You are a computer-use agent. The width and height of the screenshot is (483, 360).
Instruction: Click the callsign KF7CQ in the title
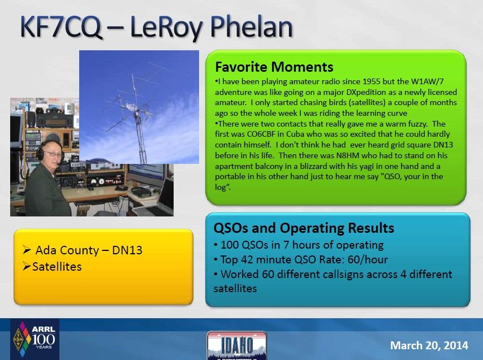(61, 27)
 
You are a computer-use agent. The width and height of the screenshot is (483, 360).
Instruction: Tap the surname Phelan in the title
(251, 27)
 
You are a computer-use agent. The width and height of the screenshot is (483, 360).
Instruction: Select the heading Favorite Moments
(274, 67)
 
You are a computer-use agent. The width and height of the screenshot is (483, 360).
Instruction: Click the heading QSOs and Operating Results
(304, 228)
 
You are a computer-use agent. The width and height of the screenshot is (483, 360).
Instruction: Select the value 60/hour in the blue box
(368, 260)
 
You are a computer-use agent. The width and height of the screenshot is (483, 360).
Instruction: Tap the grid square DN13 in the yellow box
(127, 250)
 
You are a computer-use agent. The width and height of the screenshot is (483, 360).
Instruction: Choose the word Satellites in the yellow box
(57, 266)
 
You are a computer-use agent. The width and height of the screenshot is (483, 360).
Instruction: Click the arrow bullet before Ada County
(27, 250)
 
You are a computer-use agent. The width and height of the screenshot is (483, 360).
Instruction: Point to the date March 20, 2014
(429, 345)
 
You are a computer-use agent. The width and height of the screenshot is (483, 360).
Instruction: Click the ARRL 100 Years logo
(35, 339)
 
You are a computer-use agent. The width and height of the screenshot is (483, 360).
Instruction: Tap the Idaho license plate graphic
(237, 346)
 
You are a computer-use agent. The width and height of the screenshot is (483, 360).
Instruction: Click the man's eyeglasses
(53, 154)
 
